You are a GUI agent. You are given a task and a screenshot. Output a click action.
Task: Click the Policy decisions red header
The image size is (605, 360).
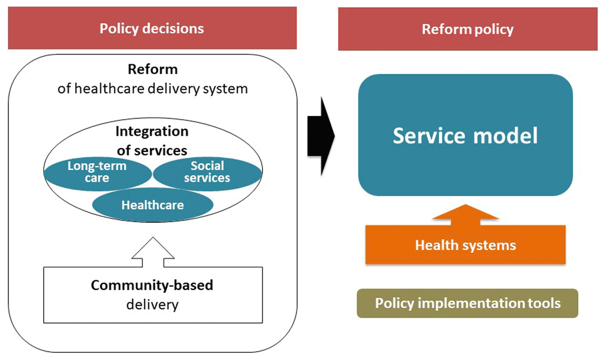tap(151, 28)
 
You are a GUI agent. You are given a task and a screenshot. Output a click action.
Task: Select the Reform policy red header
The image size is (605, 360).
tap(467, 29)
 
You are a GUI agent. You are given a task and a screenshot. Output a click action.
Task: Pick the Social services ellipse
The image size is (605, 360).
tap(207, 172)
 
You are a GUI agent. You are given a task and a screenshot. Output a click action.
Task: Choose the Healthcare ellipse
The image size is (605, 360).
tap(152, 205)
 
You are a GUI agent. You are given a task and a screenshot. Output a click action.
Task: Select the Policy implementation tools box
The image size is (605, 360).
tap(467, 303)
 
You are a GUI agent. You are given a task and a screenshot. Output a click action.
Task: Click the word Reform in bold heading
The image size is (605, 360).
tap(152, 69)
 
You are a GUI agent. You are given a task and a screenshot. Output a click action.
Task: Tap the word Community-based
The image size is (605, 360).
tap(152, 285)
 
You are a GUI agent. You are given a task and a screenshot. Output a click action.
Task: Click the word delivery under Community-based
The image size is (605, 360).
tap(152, 305)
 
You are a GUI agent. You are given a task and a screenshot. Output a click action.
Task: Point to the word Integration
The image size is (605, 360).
tap(152, 132)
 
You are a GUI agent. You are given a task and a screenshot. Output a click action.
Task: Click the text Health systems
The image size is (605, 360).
tap(465, 246)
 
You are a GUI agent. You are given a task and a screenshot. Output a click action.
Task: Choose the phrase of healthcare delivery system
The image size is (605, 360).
tap(152, 89)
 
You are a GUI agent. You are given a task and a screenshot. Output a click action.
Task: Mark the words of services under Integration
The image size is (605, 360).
tap(152, 150)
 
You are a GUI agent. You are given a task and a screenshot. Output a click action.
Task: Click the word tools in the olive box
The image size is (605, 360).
tap(542, 303)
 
